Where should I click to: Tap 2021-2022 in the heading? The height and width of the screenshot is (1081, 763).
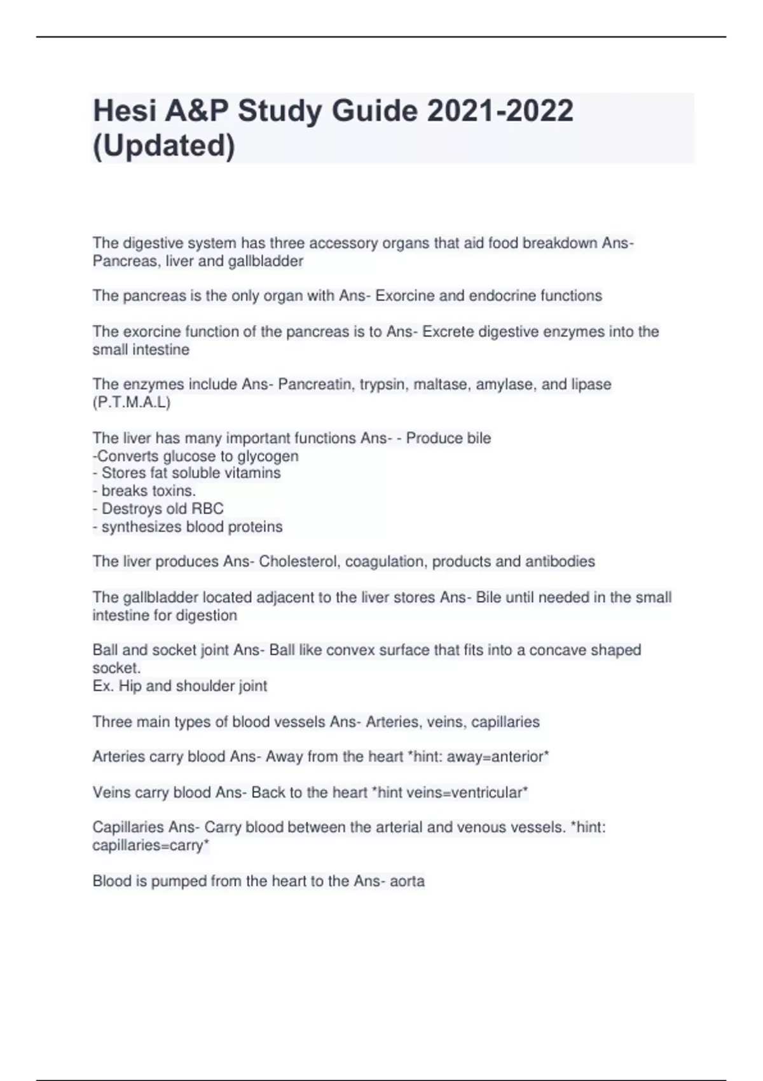(x=500, y=111)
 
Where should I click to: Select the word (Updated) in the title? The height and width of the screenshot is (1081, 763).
(x=164, y=146)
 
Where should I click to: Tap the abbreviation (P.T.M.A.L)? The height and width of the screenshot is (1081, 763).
(x=132, y=403)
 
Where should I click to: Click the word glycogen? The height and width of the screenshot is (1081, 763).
(x=268, y=456)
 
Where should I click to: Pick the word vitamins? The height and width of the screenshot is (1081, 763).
(x=255, y=473)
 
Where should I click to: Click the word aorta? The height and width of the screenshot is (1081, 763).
(x=407, y=881)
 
